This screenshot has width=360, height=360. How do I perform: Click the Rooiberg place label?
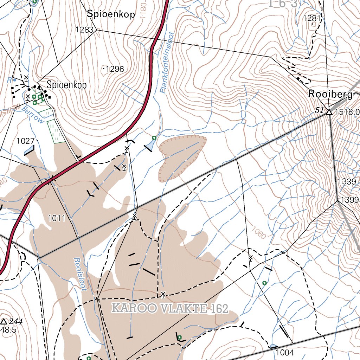coord(330,94)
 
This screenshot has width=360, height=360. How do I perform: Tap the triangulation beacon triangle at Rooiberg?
coord(329,112)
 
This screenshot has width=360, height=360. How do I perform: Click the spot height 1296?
coord(115,69)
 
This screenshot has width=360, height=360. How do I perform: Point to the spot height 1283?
coord(85,30)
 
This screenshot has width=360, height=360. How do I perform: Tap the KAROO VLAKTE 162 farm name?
coord(170,309)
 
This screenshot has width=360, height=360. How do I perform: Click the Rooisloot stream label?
coord(80,274)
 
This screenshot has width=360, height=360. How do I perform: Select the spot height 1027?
coord(25,141)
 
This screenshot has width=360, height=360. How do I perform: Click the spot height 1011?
coord(57,218)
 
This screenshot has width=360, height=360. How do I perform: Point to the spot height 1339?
coord(346,181)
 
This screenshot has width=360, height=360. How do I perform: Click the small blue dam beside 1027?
coord(29,151)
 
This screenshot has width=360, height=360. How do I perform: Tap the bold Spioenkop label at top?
coord(111,14)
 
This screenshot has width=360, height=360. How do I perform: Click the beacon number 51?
coord(319,110)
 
